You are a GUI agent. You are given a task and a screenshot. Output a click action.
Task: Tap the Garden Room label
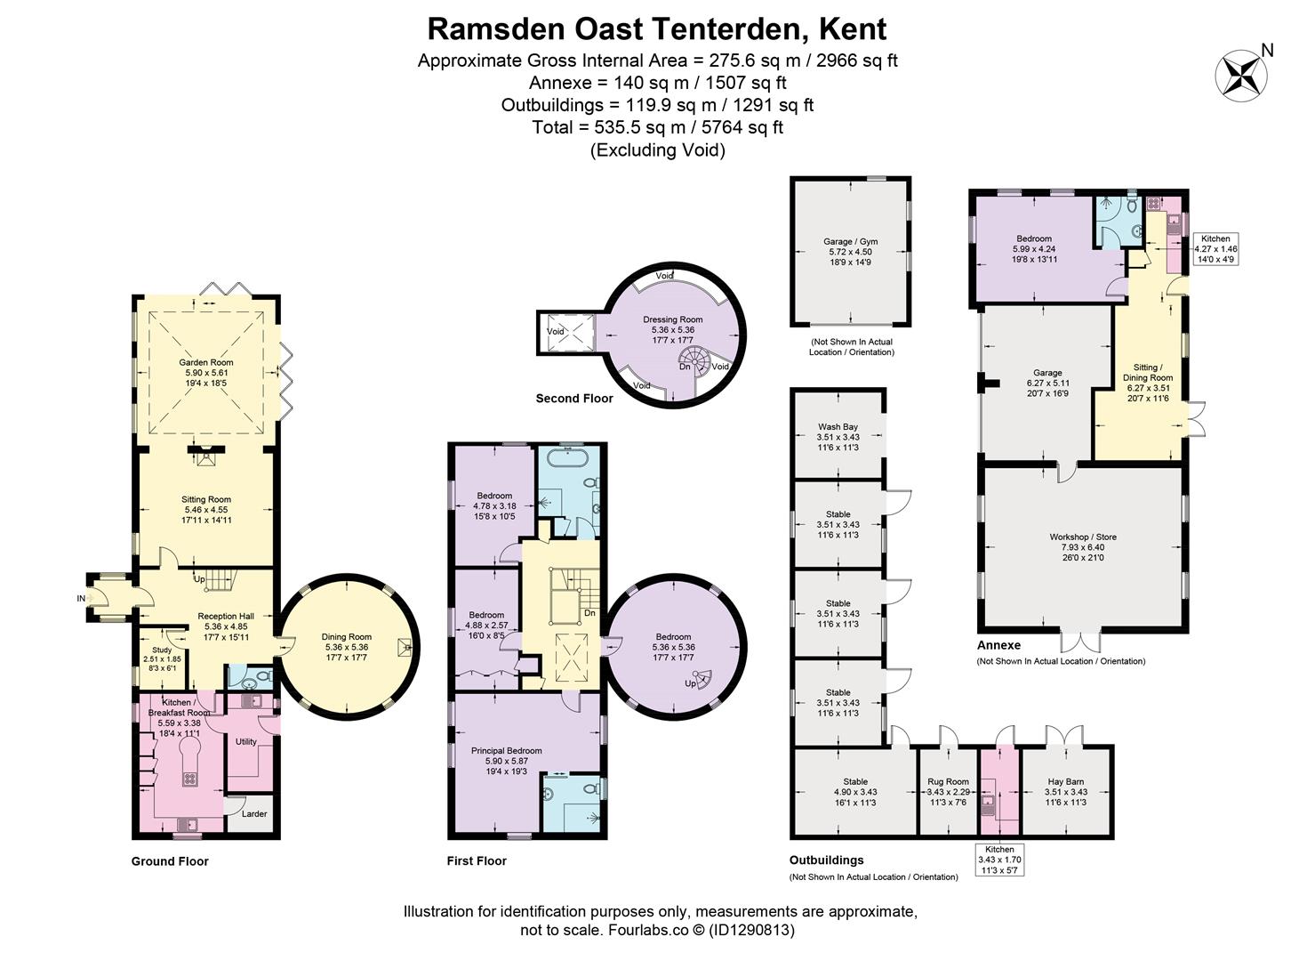click(x=205, y=362)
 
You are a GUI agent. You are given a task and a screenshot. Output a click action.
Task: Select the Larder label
click(x=254, y=813)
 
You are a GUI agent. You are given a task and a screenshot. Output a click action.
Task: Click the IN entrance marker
click(x=81, y=599)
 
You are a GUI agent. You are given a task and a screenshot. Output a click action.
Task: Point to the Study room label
click(x=162, y=650)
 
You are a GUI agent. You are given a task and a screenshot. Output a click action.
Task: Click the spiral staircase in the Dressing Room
click(x=694, y=362)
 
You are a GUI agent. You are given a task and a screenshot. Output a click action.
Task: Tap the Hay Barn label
click(x=1065, y=782)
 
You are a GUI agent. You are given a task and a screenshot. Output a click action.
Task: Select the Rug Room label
click(x=948, y=782)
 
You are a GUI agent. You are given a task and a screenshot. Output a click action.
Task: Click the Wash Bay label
click(x=838, y=427)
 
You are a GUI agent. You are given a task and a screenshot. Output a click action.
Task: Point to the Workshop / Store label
click(x=1083, y=537)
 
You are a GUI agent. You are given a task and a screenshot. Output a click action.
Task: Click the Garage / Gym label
click(x=850, y=241)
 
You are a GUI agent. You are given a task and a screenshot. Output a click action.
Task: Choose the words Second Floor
click(x=574, y=399)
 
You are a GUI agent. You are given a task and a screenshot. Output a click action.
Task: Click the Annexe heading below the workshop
click(x=998, y=645)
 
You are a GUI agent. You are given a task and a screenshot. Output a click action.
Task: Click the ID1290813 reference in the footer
click(x=751, y=930)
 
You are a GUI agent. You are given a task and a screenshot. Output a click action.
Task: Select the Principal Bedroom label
click(x=506, y=751)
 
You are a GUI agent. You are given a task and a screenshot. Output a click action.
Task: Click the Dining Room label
click(x=347, y=637)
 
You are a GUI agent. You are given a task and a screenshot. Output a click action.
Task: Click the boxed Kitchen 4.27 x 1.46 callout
click(x=1215, y=248)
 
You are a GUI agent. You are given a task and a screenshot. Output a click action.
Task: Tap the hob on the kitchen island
click(x=189, y=779)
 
